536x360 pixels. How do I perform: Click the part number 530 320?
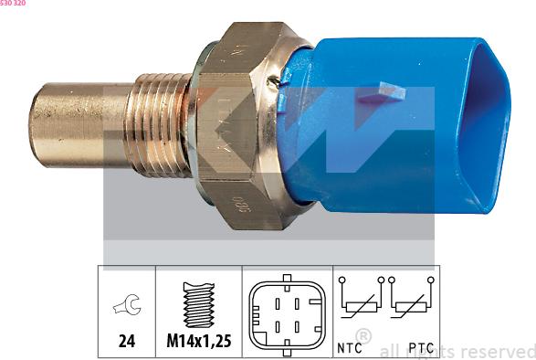13,4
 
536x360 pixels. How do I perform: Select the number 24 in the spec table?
127,341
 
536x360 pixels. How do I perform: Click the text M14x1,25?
198,341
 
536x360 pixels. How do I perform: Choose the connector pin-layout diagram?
286,311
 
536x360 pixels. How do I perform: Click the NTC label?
351,348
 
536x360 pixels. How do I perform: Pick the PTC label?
420,348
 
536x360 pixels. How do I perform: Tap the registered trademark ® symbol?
363,336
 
